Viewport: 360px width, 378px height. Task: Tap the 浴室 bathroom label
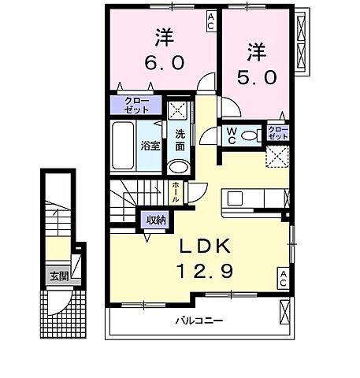[150, 145]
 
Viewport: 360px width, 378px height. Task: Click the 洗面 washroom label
[180, 139]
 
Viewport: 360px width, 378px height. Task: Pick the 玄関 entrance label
[58, 276]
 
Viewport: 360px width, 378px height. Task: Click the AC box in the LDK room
[282, 276]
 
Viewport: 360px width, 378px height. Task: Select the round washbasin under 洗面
[179, 166]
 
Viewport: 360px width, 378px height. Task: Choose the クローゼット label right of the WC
[277, 132]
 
